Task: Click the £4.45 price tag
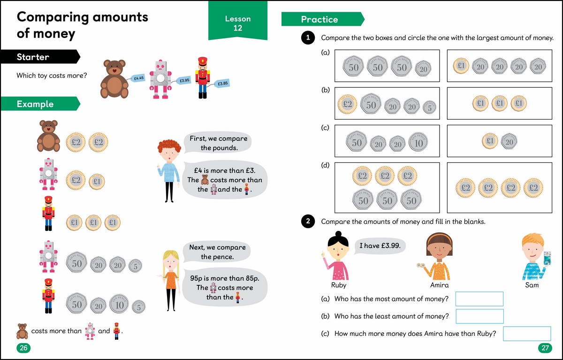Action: click(138, 78)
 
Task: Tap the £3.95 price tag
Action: click(184, 81)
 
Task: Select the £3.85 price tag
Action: click(223, 84)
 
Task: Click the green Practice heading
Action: click(321, 19)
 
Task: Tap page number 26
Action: click(23, 348)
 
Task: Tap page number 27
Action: click(545, 348)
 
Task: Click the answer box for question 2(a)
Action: click(479, 299)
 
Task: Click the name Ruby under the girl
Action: click(338, 285)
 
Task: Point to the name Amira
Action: click(439, 285)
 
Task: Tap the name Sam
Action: click(532, 285)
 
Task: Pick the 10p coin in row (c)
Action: click(418, 142)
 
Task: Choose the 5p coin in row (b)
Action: click(429, 107)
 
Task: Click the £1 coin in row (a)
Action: click(461, 67)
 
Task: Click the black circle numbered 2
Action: click(307, 222)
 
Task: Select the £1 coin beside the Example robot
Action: click(97, 180)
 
